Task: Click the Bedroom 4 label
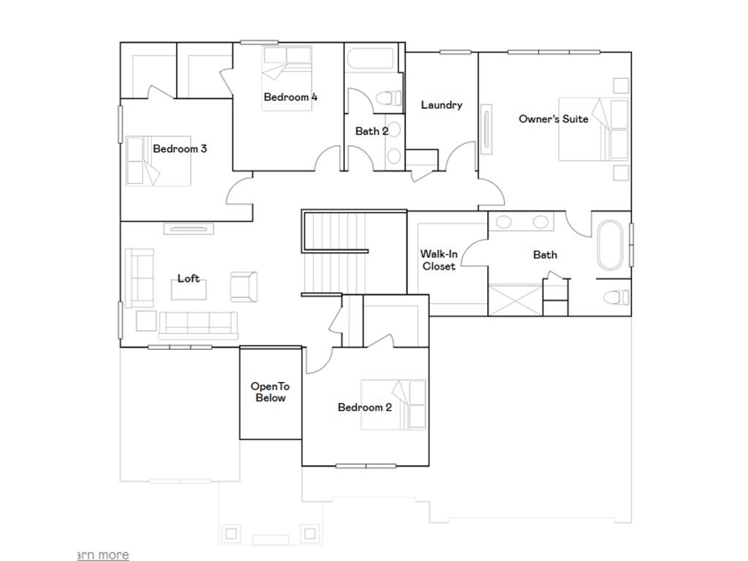(290, 97)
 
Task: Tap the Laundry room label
(441, 105)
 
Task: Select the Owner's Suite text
(553, 119)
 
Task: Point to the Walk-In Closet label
(439, 260)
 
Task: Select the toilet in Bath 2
(388, 97)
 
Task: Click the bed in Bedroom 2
(394, 405)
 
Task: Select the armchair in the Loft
(243, 286)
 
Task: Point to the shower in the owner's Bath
(515, 301)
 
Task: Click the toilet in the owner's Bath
(618, 297)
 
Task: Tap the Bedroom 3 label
(180, 149)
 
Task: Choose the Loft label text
(188, 278)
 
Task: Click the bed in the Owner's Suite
(593, 129)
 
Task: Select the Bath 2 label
(372, 131)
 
